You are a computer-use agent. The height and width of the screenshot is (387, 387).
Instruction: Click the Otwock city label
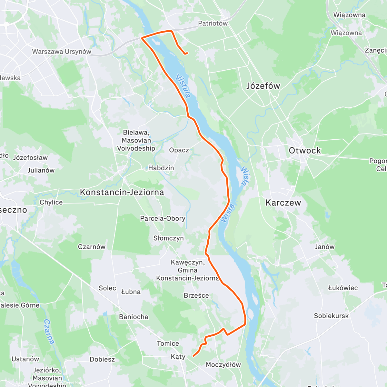tap(305, 151)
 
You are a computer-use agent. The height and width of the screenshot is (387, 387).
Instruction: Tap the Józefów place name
tap(263, 86)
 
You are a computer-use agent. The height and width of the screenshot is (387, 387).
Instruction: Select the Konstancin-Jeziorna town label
tap(122, 193)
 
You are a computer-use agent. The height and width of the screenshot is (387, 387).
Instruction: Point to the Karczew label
tap(283, 203)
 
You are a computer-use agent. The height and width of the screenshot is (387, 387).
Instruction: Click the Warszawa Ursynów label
tap(62, 52)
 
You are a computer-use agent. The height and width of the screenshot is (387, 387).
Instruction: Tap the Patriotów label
tap(213, 23)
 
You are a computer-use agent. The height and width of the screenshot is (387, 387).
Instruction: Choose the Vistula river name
tap(183, 86)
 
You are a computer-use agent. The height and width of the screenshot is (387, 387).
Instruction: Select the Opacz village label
tap(179, 150)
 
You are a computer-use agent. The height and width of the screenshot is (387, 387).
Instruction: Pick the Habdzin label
tap(161, 168)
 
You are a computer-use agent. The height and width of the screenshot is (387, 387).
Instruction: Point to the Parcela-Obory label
tap(163, 218)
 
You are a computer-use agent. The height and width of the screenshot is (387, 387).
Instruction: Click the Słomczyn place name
tap(168, 238)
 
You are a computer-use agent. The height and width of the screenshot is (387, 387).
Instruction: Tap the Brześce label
tap(196, 295)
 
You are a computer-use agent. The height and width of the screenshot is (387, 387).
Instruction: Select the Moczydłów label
tap(223, 365)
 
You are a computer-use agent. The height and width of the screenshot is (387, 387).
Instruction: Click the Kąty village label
tap(178, 356)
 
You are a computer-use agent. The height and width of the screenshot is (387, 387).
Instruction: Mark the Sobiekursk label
tap(331, 316)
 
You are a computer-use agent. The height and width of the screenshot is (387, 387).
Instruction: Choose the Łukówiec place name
tap(343, 288)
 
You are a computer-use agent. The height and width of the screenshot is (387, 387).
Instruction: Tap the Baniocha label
tap(134, 317)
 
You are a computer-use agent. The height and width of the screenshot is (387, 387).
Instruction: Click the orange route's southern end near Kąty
tap(193, 356)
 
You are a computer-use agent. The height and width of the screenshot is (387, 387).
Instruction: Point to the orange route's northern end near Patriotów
tap(187, 53)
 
